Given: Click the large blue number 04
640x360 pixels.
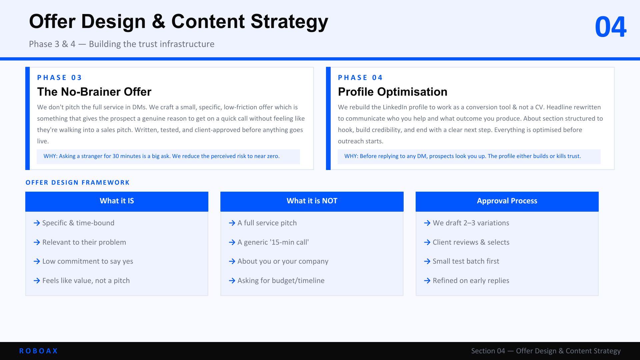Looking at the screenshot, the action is (611, 27).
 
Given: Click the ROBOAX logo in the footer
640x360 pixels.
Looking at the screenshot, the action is (39, 351).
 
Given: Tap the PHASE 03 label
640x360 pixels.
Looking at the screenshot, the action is (59, 78).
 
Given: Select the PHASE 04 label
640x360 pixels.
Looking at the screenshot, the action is (360, 78).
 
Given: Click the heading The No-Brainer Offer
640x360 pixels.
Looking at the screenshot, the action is (94, 92).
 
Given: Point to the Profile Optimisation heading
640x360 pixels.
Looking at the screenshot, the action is (393, 92).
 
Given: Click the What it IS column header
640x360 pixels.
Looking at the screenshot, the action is (117, 201).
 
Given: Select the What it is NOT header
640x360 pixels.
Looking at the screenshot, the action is (312, 201).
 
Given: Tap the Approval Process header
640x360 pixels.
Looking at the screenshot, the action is (507, 201).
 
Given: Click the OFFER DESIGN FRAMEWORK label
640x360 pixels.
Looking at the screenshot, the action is (78, 183).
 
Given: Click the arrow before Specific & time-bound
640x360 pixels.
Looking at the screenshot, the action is (37, 223).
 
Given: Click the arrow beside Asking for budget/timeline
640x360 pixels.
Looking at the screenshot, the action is (232, 281).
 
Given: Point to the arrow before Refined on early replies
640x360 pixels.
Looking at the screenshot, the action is (427, 281).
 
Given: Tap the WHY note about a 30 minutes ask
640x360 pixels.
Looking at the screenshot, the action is (162, 156).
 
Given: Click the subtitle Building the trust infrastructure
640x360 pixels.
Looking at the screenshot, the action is (152, 44).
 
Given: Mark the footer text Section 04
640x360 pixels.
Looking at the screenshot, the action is (488, 351).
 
